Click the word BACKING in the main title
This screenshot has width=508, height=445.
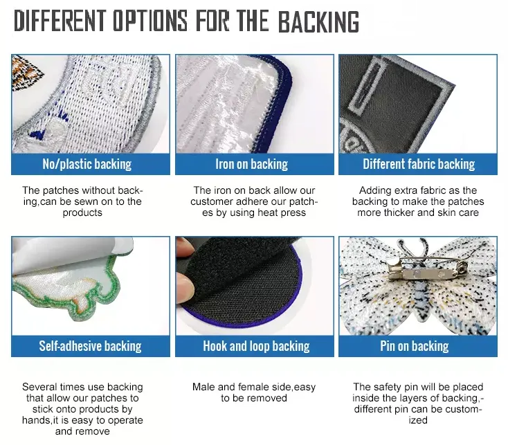(318, 21)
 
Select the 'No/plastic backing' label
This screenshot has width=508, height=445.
(87, 164)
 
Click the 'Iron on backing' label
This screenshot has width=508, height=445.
(252, 164)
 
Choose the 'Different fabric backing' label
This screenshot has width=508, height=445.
(419, 164)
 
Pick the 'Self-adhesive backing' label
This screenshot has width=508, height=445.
(90, 346)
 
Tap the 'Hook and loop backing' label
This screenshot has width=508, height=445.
(256, 346)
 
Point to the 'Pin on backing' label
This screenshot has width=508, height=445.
(415, 346)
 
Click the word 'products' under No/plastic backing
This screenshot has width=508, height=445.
(82, 212)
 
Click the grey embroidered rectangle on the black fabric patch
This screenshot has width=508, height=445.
(368, 85)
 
